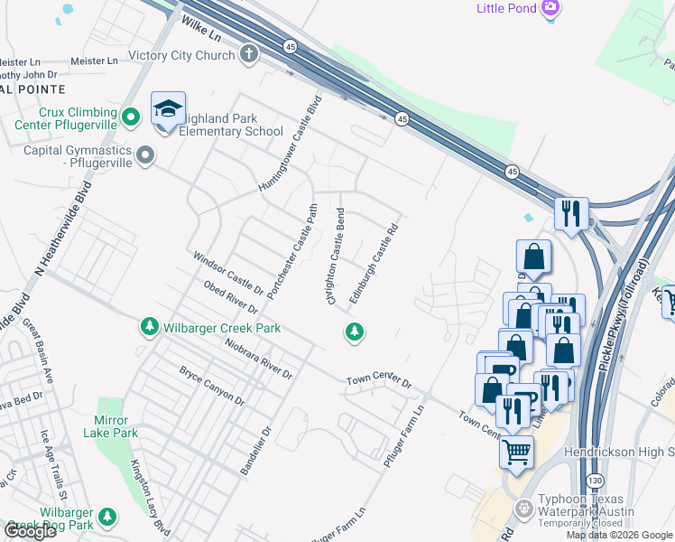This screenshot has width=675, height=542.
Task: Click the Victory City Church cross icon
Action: tap(249, 55)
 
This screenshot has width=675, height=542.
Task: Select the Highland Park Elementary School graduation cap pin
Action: tap(168, 110)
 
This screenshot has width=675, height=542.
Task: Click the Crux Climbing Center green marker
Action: tap(131, 116)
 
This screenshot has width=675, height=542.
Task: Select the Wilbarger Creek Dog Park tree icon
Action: tap(107, 517)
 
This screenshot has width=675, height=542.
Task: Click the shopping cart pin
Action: tap(516, 452)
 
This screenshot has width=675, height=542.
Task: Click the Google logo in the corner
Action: tap(30, 531)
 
